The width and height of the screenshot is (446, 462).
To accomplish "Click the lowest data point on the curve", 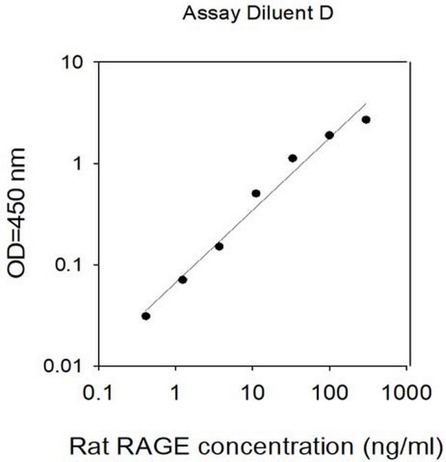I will (x=145, y=316).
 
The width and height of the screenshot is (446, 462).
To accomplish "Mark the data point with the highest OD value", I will (x=366, y=120).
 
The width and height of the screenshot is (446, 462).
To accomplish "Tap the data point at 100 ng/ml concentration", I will (x=329, y=136).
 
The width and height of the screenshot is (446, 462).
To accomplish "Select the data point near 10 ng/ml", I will (x=256, y=193).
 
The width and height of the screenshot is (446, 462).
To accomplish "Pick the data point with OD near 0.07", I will (x=183, y=280).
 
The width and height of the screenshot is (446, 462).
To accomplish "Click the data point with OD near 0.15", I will (x=219, y=246).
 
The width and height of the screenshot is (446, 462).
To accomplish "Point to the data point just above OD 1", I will (x=292, y=158).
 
